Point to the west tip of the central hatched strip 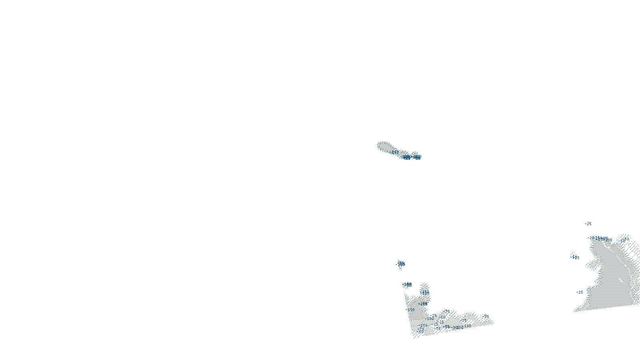[x=378, y=144]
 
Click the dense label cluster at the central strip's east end [x=412, y=157]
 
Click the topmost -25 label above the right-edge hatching [x=588, y=224]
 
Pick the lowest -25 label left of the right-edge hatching [x=580, y=292]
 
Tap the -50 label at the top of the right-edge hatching [x=625, y=239]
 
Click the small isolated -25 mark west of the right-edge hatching [x=575, y=257]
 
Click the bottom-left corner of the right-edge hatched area [x=575, y=310]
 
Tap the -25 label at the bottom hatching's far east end [x=486, y=316]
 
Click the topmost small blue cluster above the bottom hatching [x=400, y=264]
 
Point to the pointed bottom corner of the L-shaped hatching [x=415, y=337]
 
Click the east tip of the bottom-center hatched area [x=492, y=322]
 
